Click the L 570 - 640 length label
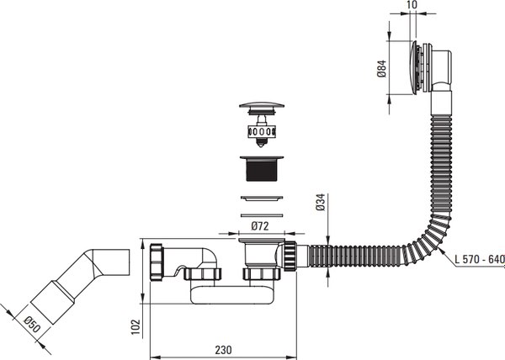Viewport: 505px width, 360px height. point(479,260)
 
